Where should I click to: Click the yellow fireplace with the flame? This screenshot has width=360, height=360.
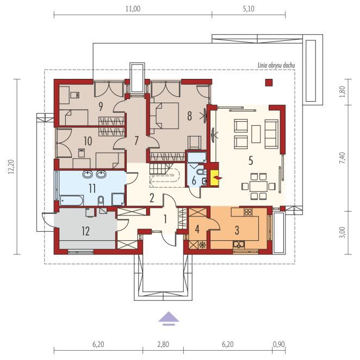(215, 177)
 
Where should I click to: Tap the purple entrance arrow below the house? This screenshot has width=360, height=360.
(169, 319)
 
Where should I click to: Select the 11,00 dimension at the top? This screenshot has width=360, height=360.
(133, 9)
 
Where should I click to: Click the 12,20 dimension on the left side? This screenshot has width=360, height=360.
(11, 167)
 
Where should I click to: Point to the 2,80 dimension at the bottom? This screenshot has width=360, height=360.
(163, 344)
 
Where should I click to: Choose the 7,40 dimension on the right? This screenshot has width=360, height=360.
(342, 158)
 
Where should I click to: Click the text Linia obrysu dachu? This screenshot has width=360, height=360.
(276, 65)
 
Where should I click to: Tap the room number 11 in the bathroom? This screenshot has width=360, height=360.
(92, 189)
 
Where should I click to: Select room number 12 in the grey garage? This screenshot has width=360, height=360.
(85, 231)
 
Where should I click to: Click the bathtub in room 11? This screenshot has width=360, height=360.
(71, 201)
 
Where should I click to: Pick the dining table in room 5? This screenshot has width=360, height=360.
(258, 187)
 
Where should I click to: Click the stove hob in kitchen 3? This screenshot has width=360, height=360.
(248, 212)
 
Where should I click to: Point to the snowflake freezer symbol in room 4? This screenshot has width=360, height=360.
(202, 245)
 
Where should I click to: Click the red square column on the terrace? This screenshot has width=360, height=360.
(269, 83)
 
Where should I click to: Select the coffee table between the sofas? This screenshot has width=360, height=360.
(256, 134)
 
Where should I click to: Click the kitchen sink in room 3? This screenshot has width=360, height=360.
(239, 245)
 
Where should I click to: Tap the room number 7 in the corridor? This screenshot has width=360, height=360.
(136, 141)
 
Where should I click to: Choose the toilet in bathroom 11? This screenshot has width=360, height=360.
(101, 201)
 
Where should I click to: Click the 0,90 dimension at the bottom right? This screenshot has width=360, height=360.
(279, 344)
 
